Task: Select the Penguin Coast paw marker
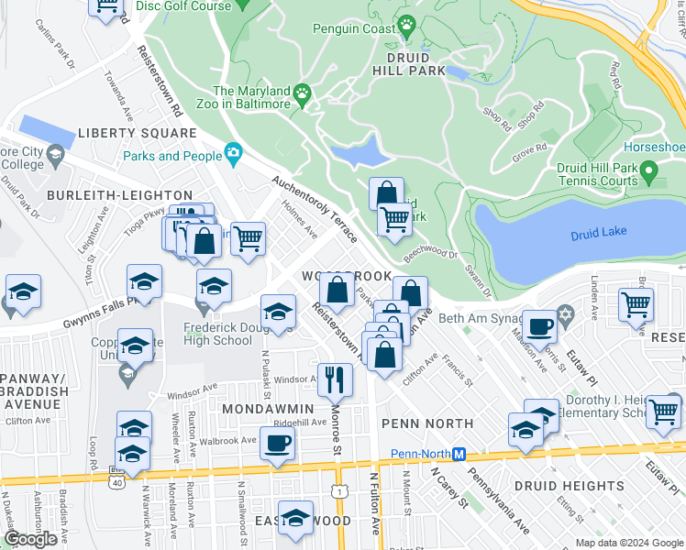[406, 22]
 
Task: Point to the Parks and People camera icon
[234, 153]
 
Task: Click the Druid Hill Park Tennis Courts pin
[649, 171]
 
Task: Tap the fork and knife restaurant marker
[335, 377]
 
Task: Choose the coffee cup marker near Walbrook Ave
[276, 443]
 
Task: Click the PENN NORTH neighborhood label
[427, 423]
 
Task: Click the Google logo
[30, 539]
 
